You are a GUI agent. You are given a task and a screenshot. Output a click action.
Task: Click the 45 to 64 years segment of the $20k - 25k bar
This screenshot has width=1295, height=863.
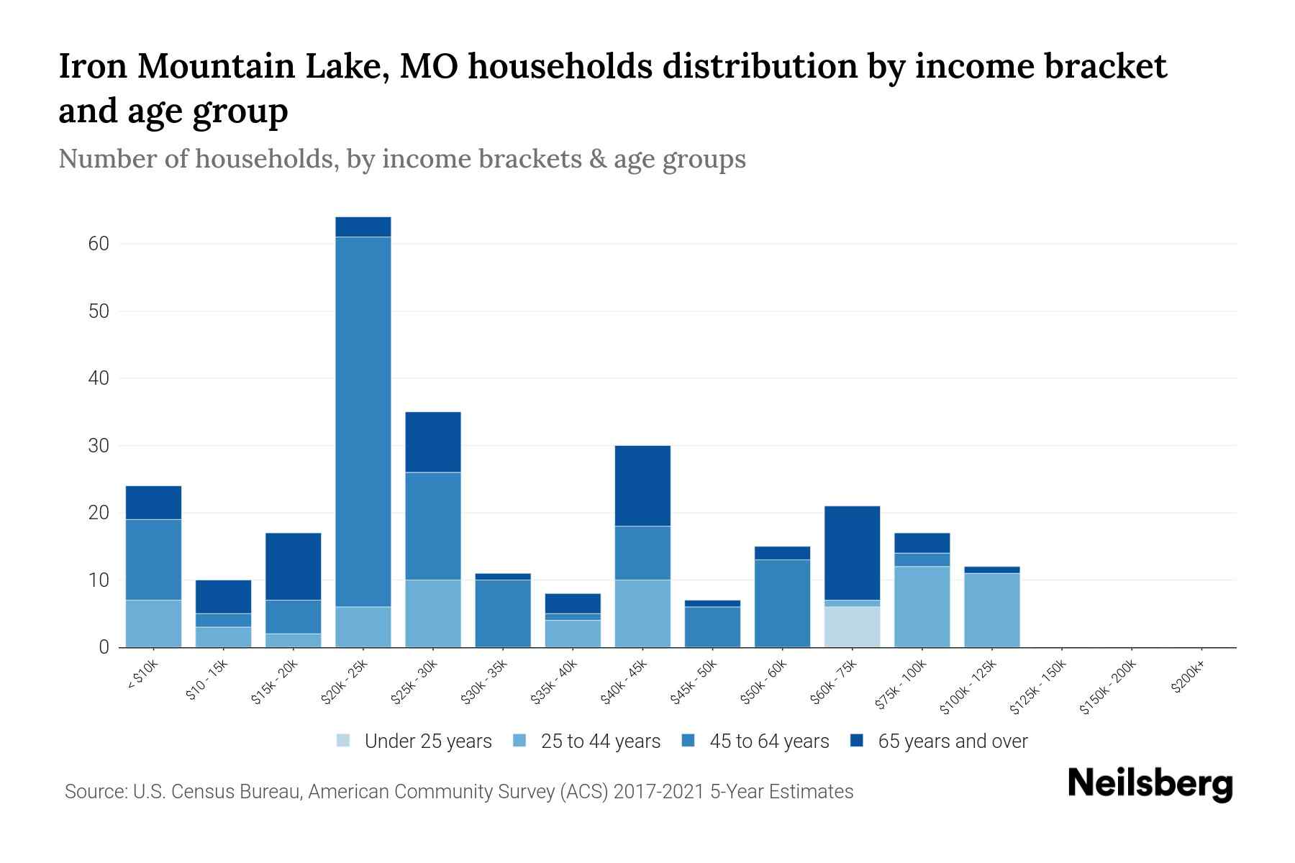[x=363, y=421]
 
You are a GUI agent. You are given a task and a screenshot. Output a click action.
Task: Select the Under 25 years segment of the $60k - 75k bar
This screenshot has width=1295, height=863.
[x=852, y=626]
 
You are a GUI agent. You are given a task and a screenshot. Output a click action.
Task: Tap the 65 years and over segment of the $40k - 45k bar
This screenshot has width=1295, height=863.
[x=642, y=485]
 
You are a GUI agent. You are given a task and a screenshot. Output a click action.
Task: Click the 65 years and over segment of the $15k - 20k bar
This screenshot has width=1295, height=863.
[x=293, y=566]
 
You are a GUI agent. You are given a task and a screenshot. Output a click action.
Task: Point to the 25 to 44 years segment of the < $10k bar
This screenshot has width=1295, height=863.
[x=153, y=623]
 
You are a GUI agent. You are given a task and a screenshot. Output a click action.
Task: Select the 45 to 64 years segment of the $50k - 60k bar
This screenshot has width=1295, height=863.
[x=782, y=603]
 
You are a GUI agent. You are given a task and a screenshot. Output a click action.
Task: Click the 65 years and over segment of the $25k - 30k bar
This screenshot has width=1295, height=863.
[x=432, y=442]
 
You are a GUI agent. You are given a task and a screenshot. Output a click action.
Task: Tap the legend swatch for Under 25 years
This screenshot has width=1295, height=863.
[x=344, y=741]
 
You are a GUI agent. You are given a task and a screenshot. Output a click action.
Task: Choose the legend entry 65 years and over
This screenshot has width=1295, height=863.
[x=952, y=741]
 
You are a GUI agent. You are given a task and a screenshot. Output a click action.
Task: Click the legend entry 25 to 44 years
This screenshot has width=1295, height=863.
[x=600, y=741]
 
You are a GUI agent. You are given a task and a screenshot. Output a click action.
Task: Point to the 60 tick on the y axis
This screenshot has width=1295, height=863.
[x=99, y=244]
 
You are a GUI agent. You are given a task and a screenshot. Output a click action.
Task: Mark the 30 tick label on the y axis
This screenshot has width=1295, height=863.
[x=99, y=446]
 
